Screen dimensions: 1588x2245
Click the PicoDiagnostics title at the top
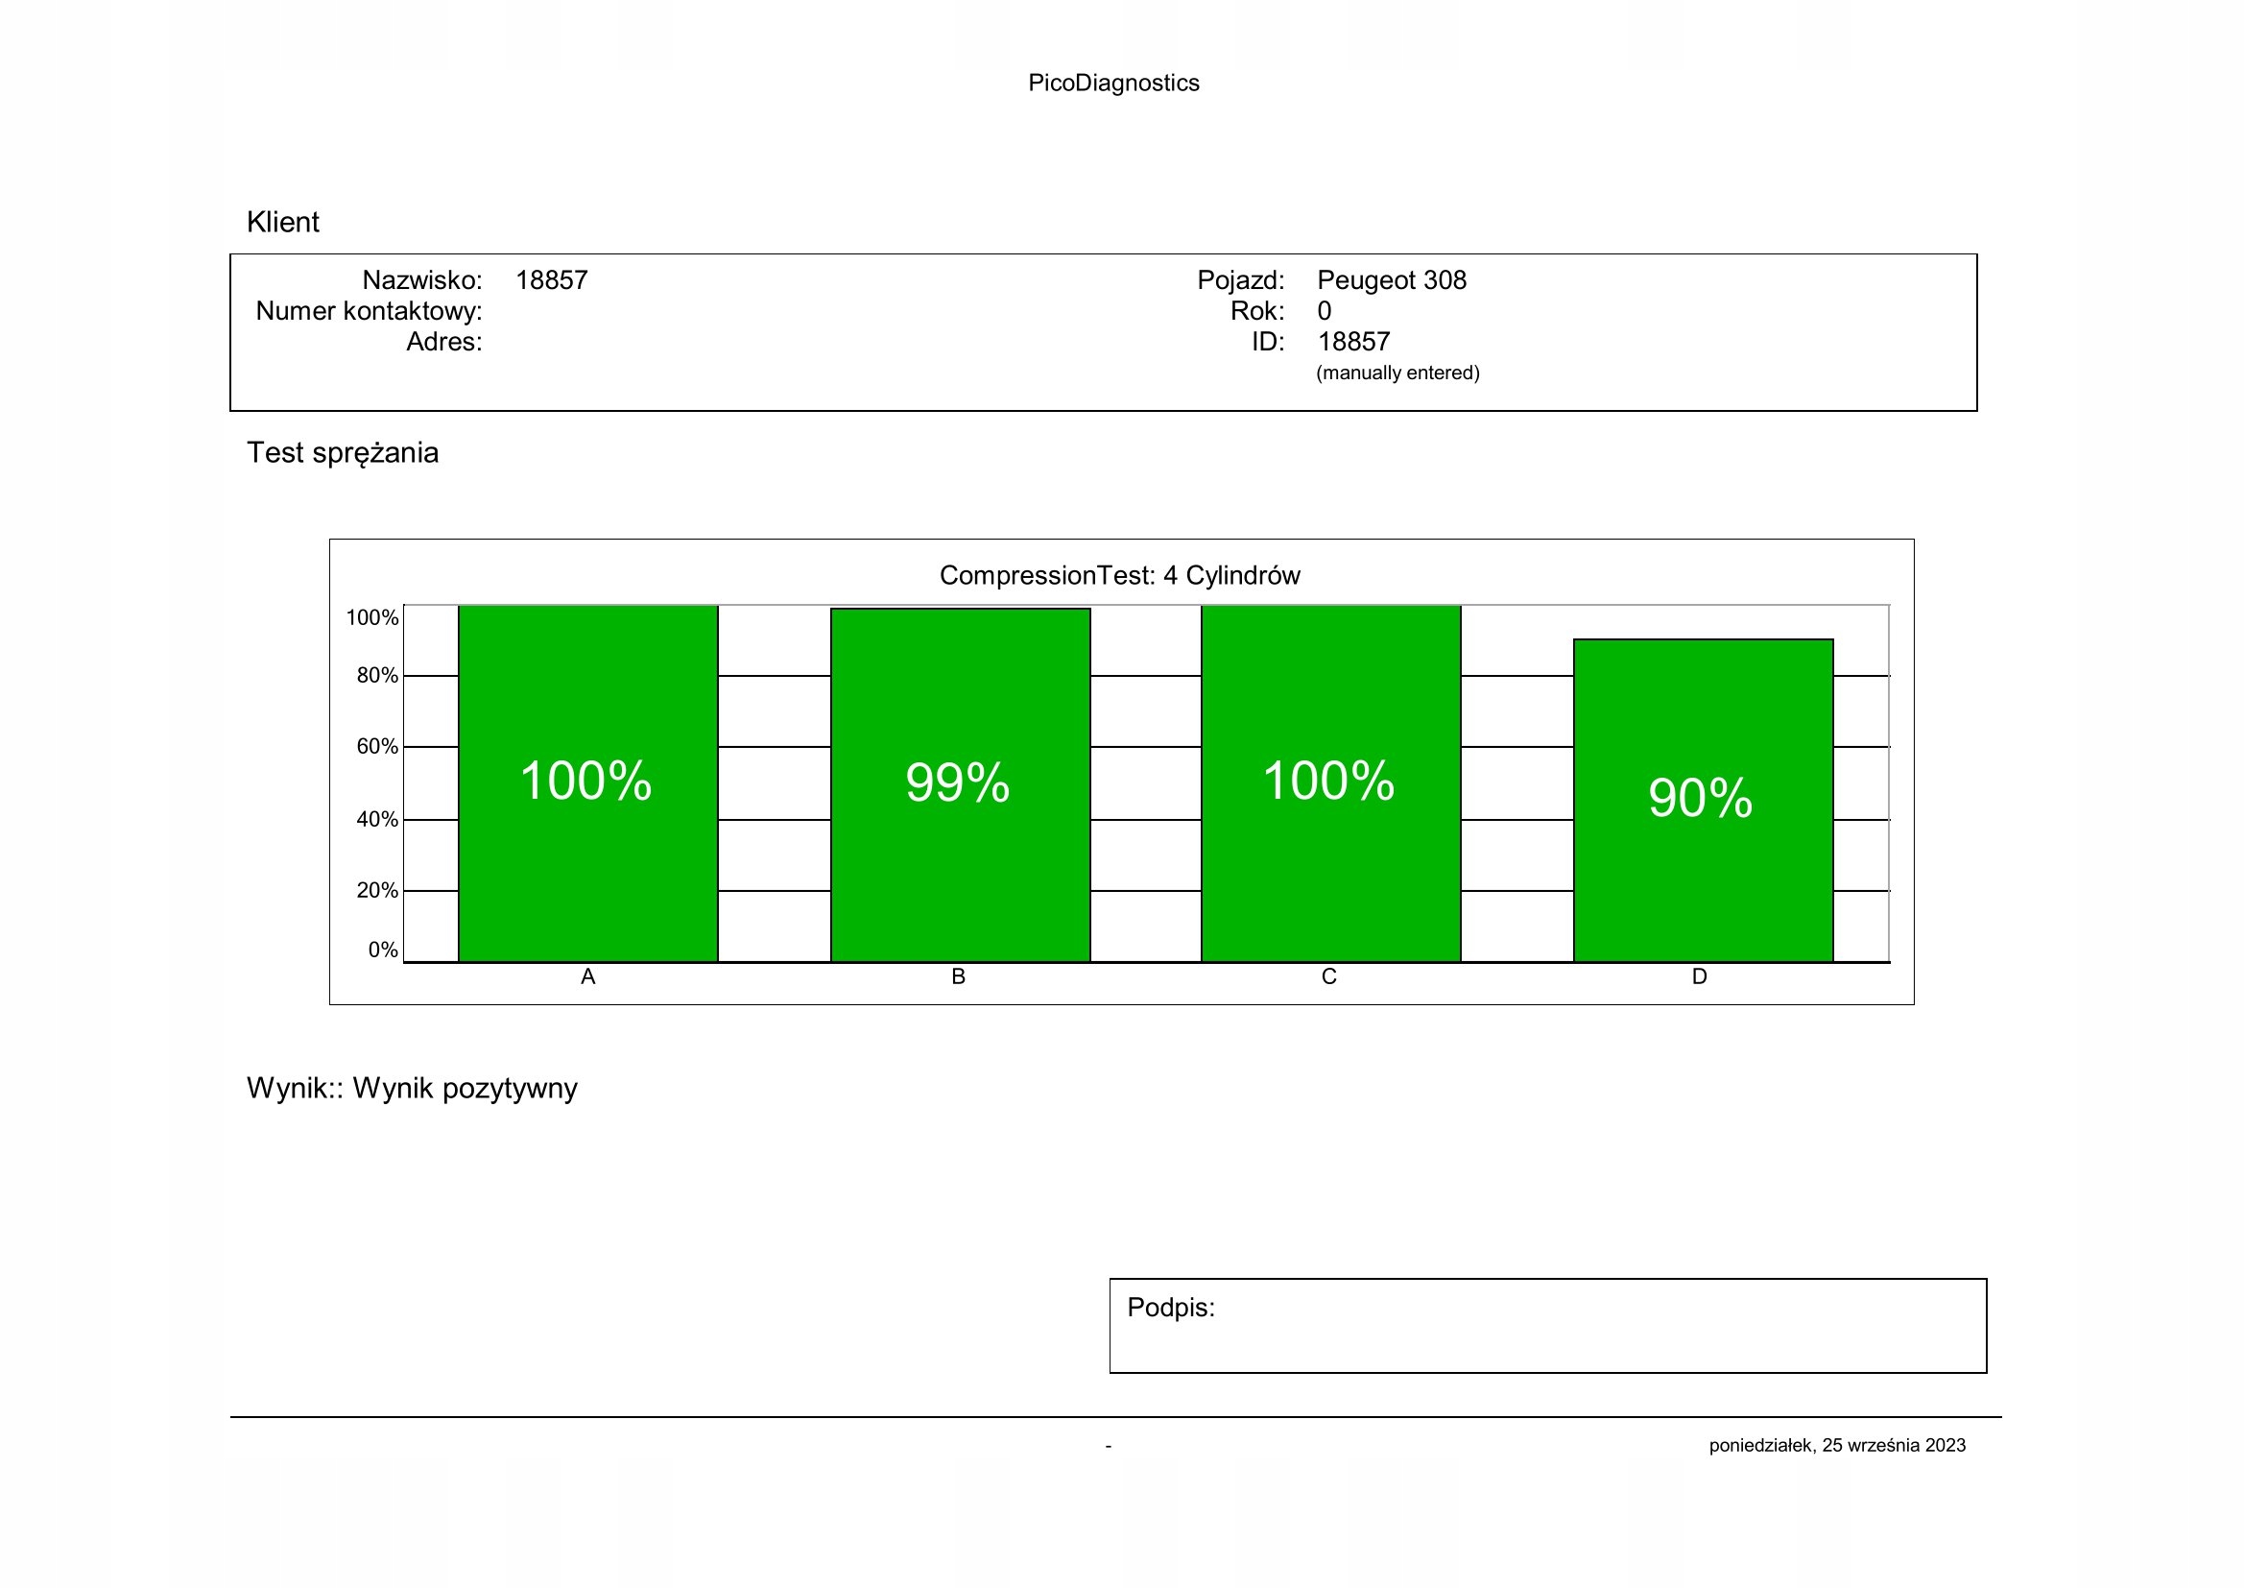tap(1112, 84)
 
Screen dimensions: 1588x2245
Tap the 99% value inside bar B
tap(957, 782)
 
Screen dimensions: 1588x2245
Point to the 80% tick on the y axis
tap(376, 676)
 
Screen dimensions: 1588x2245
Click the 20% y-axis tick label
tap(376, 891)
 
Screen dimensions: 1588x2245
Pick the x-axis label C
tap(1328, 976)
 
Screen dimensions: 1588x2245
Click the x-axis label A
tap(587, 976)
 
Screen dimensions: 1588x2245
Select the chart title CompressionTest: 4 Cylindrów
tap(1119, 575)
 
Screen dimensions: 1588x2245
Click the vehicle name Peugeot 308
tap(1392, 280)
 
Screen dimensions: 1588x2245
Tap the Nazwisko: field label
tap(422, 280)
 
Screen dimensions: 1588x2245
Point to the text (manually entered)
tap(1397, 373)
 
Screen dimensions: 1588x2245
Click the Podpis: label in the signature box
tap(1170, 1308)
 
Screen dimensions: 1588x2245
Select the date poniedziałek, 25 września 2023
tap(1836, 1445)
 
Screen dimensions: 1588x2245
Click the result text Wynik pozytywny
tap(465, 1089)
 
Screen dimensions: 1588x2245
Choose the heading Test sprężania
tap(343, 453)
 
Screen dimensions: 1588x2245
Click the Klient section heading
tap(282, 222)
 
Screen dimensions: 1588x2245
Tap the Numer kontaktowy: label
tap(369, 311)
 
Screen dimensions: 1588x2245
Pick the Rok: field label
tap(1256, 311)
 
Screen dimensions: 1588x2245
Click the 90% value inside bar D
tap(1701, 798)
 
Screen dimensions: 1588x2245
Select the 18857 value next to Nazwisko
tap(552, 280)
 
